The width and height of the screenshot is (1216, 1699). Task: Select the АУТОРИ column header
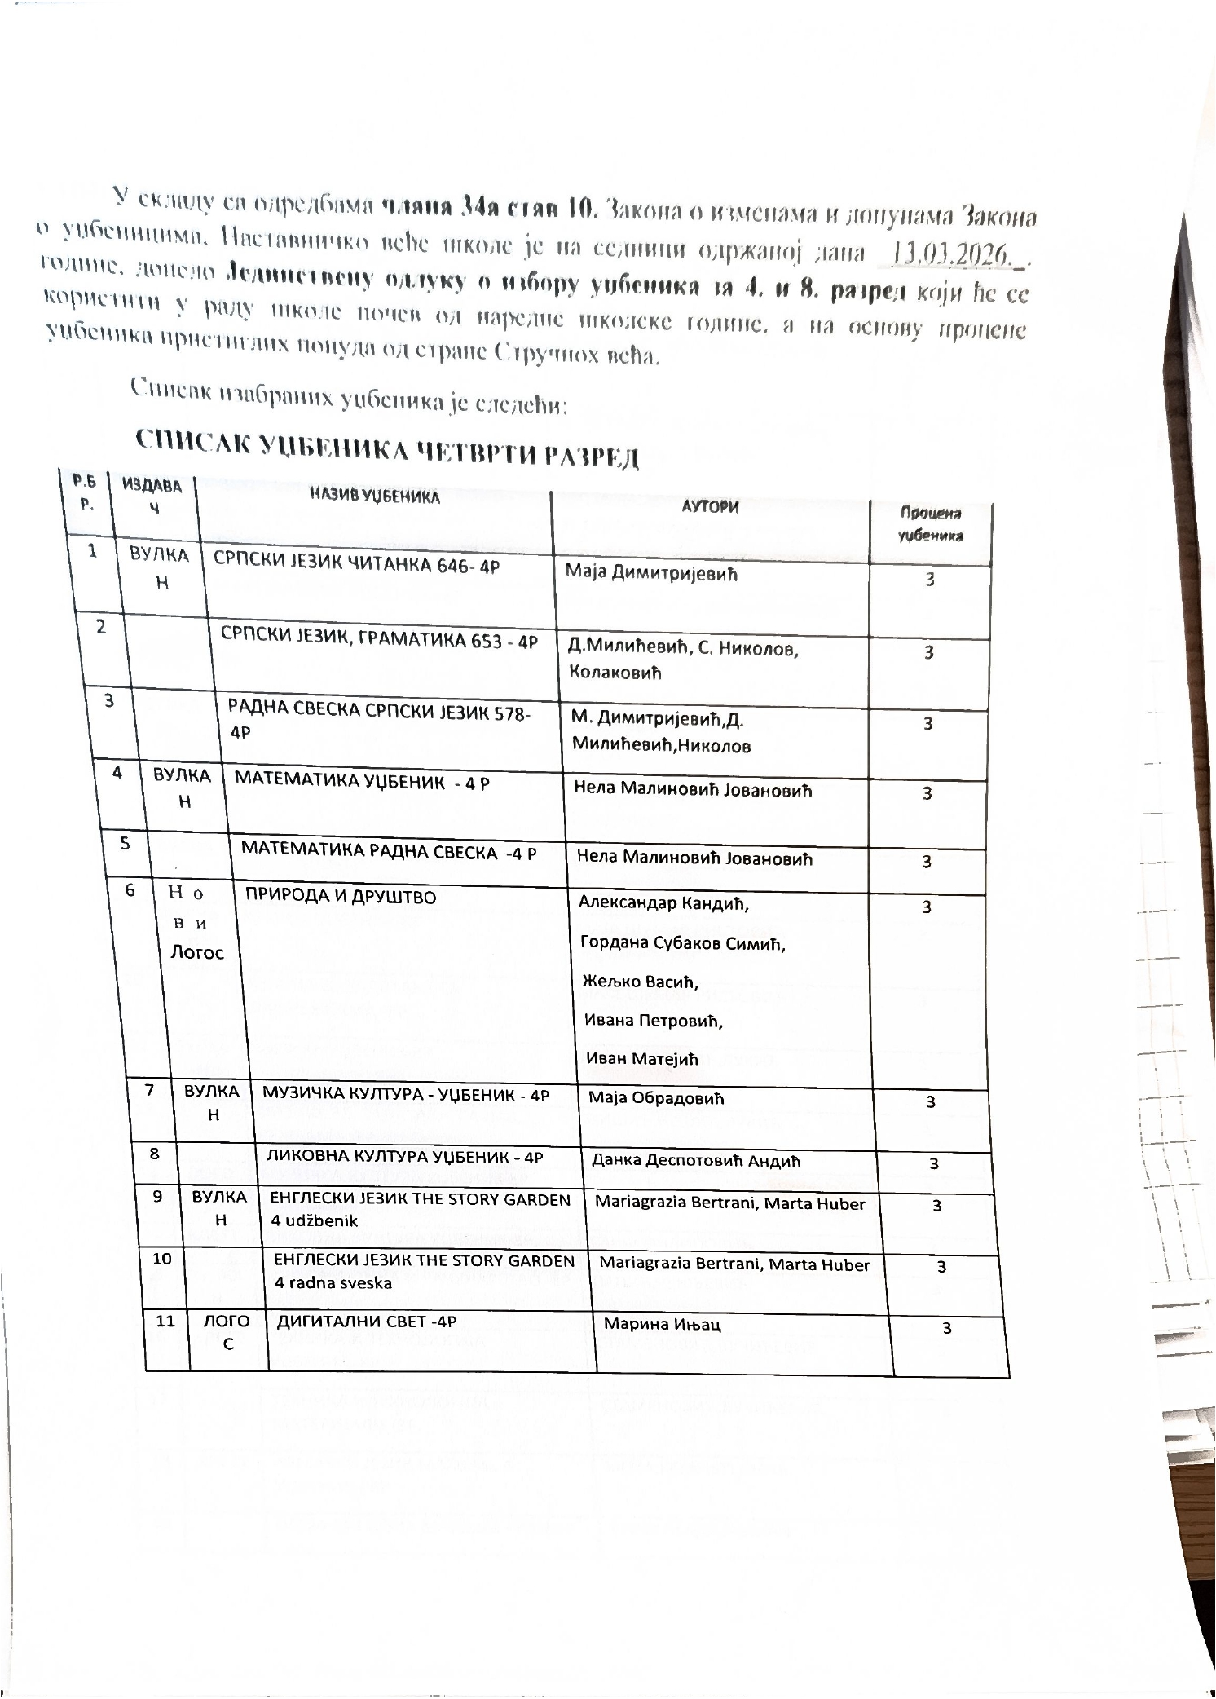coord(710,506)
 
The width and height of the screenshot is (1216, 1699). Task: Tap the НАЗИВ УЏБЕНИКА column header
coord(374,496)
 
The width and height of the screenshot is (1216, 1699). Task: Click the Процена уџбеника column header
coord(930,524)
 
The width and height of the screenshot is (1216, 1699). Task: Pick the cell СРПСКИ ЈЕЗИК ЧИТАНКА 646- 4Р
coord(355,565)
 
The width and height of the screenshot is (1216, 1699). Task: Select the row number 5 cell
coord(126,844)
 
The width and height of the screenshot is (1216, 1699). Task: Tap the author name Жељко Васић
coord(641,982)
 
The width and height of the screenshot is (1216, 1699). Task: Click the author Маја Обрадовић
coord(656,1098)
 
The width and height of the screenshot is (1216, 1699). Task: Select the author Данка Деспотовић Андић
coord(696,1161)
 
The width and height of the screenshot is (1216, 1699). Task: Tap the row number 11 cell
coord(165,1322)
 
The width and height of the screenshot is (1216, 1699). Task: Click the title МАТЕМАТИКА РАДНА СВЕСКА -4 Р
coord(389,852)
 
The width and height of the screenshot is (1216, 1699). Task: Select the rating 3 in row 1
coord(929,580)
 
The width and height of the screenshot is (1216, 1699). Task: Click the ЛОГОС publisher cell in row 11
coord(227,1331)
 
